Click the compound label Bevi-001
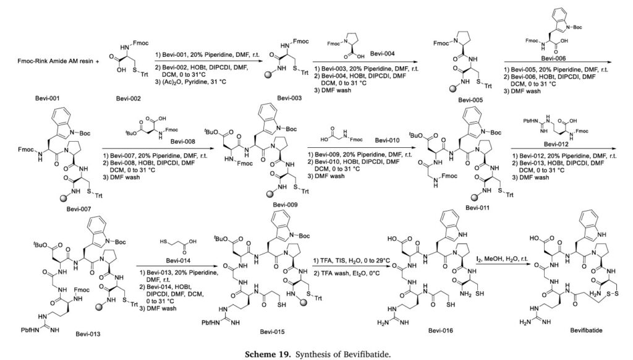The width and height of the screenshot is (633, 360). (x=47, y=98)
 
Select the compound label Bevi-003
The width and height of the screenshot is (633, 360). (x=289, y=98)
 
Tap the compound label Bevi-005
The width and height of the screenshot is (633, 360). (x=470, y=100)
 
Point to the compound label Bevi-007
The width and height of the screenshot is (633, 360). (x=79, y=209)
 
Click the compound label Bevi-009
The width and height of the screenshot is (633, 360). (x=285, y=205)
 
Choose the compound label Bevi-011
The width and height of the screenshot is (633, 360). (x=477, y=208)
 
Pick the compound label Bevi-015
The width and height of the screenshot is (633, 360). (x=272, y=332)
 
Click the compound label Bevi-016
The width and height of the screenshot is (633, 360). (x=440, y=330)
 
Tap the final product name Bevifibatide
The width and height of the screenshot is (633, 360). (x=586, y=330)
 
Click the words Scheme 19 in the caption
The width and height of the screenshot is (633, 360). (x=268, y=354)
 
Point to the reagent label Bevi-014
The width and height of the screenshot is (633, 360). (x=178, y=260)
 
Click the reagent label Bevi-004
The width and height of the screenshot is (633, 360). (x=382, y=53)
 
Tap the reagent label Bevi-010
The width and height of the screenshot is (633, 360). (x=387, y=140)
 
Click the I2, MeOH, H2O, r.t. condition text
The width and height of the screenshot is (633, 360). (x=502, y=259)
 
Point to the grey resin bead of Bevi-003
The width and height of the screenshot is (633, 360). (x=267, y=75)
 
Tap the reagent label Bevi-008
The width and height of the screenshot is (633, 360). (x=183, y=142)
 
